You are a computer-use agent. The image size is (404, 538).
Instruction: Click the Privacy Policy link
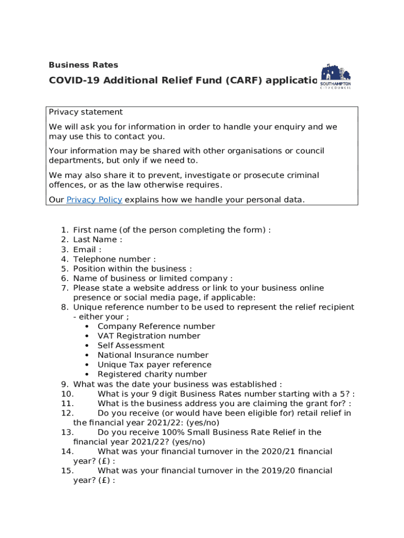coord(94,200)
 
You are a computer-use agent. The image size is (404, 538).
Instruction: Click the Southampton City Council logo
coord(336,77)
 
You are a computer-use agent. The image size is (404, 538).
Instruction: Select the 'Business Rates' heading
coord(83,65)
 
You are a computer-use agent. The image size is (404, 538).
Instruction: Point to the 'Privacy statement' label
coord(86,112)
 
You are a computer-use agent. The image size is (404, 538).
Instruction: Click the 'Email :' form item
coord(87,250)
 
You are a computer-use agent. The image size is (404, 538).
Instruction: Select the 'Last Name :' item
coord(98,240)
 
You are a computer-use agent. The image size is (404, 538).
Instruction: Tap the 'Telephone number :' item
coord(114,259)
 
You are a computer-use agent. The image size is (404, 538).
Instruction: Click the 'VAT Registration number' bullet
coord(149,336)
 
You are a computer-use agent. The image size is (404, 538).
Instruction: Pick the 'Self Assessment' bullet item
coord(131,345)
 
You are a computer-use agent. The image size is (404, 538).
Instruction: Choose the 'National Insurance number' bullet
coord(153,355)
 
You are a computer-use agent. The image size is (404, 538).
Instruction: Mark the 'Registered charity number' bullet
coord(152,375)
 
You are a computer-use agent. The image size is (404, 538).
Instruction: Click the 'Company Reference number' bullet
coord(156,326)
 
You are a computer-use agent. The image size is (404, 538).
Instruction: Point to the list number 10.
coord(67,394)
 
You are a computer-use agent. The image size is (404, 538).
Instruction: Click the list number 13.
coord(67,432)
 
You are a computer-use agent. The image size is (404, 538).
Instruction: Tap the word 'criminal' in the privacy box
coord(301,175)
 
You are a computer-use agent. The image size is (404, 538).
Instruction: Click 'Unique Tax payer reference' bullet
coord(154,365)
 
